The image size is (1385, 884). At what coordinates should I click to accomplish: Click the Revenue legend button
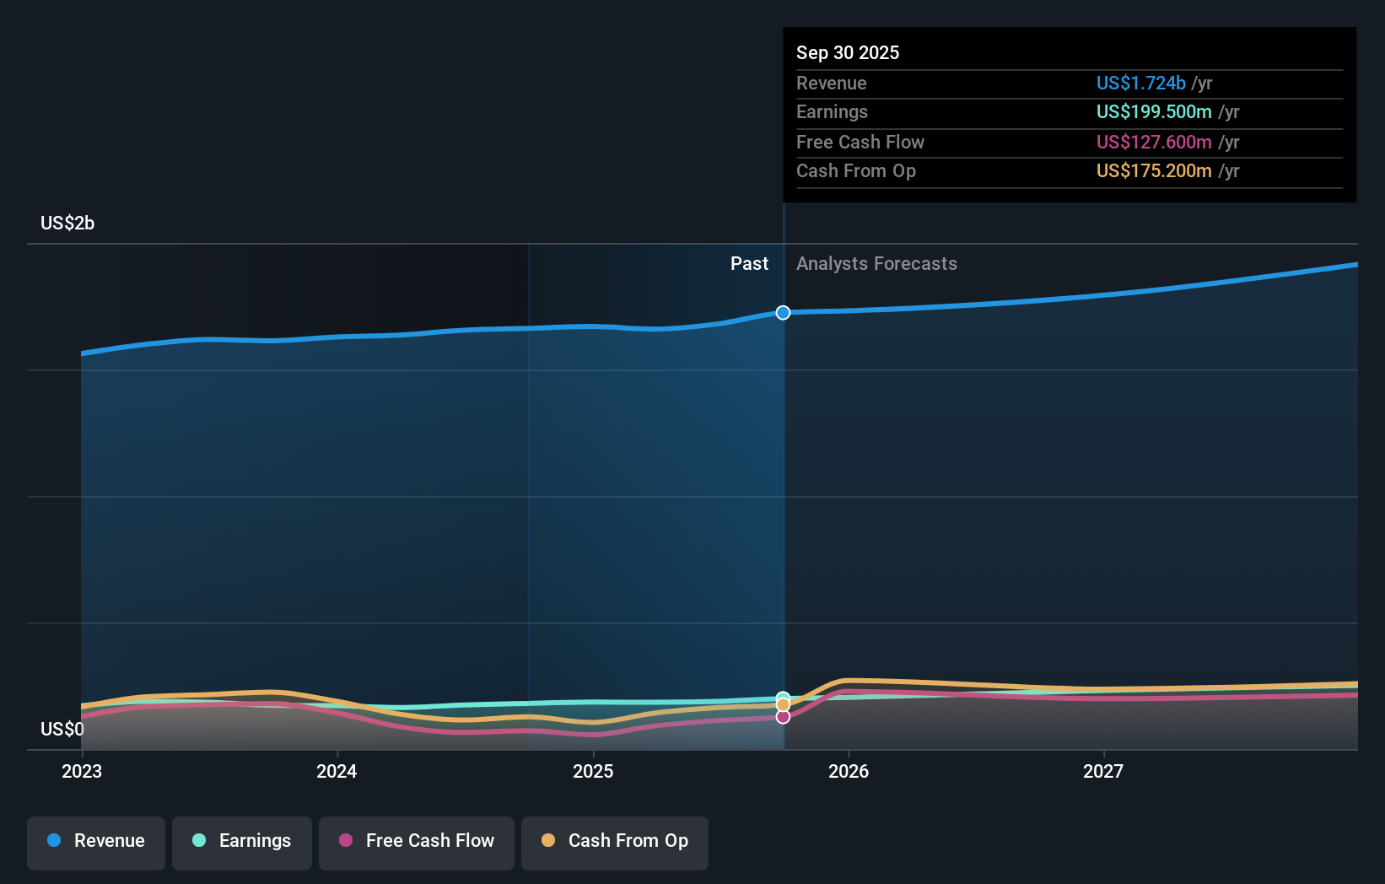tap(96, 841)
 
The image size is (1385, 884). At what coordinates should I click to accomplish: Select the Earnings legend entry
tap(242, 841)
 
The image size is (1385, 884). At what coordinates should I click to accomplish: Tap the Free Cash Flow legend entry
tap(417, 841)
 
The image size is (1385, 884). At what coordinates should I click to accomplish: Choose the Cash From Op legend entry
tap(615, 841)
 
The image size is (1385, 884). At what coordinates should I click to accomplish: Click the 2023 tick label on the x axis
tap(82, 771)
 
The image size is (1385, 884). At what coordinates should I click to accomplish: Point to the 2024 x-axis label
tap(337, 771)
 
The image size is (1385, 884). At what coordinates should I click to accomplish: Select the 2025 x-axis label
tap(593, 771)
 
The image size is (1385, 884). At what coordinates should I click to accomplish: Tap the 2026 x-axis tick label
tap(849, 771)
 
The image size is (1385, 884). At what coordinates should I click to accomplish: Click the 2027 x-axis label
tap(1103, 771)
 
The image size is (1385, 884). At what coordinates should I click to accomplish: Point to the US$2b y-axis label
tap(67, 224)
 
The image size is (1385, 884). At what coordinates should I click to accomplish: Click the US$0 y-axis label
tap(62, 729)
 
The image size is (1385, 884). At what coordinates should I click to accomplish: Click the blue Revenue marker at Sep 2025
tap(783, 313)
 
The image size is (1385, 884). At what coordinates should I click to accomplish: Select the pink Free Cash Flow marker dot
tap(783, 717)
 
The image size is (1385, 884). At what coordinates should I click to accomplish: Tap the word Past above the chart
tap(749, 264)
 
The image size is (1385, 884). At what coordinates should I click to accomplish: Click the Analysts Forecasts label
tap(876, 264)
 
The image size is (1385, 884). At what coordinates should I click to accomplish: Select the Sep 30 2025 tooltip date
tap(848, 53)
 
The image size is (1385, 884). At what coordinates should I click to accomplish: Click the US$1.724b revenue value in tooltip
tap(1140, 84)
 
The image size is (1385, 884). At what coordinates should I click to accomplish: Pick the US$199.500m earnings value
tap(1153, 112)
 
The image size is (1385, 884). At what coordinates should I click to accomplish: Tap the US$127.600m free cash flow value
tap(1153, 143)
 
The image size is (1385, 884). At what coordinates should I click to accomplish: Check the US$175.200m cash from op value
tap(1153, 171)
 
